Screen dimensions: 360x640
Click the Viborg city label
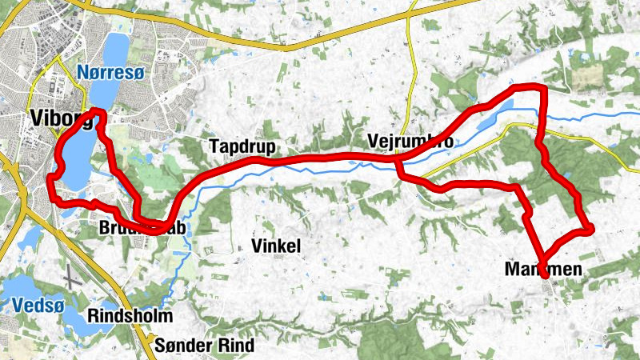click(x=61, y=118)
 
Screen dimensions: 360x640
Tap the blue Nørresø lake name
click(x=111, y=73)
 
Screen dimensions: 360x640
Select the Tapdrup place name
click(x=241, y=146)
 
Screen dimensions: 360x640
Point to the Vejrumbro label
click(x=411, y=142)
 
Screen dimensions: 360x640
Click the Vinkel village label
click(x=275, y=246)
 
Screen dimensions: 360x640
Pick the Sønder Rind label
click(x=204, y=346)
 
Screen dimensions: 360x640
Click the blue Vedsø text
click(x=34, y=305)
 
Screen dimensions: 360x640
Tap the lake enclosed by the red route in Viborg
click(x=74, y=160)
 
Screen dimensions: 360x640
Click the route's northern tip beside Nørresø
click(x=98, y=111)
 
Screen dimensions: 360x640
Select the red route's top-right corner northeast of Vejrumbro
click(x=542, y=87)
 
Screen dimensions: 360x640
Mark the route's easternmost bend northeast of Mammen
click(x=590, y=230)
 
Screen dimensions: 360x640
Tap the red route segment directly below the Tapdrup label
click(x=241, y=165)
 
